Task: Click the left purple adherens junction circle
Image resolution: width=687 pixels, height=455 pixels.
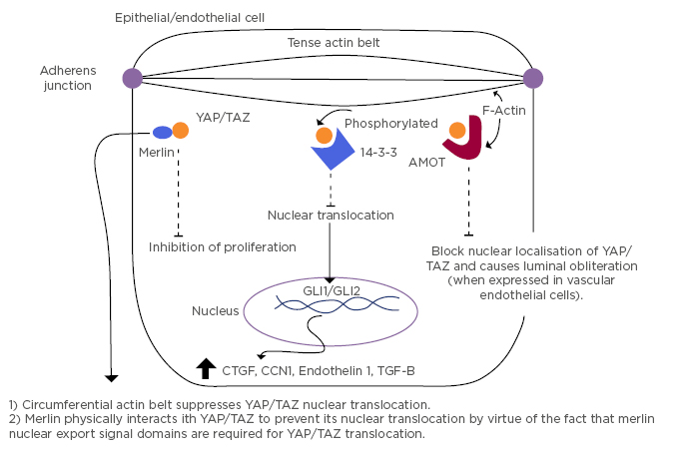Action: coord(132,77)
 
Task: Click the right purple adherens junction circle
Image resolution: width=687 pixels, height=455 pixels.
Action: coord(532,77)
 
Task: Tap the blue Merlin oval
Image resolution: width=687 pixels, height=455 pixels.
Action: coord(162,132)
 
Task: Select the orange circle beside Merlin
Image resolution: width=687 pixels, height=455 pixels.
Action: coord(180,129)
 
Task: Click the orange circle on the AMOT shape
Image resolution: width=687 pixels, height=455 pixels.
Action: coord(457,130)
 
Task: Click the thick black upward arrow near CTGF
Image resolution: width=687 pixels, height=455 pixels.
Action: coord(207,368)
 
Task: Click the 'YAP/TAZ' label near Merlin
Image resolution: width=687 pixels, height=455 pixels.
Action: coord(223,117)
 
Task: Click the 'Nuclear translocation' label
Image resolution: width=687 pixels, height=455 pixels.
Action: coord(331,215)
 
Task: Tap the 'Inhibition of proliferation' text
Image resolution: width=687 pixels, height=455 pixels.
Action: coord(223,246)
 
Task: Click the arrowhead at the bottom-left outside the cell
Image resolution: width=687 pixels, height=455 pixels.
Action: coord(112,376)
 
